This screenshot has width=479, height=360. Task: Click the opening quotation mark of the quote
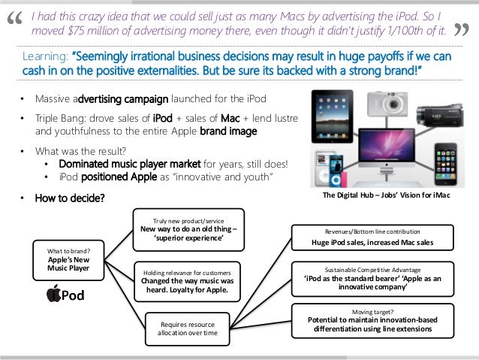[x=14, y=20]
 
